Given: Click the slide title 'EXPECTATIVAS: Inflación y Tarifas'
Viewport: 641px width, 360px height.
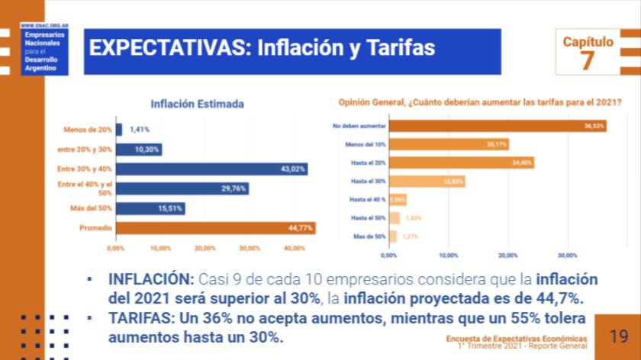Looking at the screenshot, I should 262,49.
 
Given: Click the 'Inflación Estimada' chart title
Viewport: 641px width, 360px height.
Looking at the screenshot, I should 197,104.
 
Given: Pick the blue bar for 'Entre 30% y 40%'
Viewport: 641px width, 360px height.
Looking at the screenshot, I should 211,169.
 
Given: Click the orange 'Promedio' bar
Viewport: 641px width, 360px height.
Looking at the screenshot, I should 215,228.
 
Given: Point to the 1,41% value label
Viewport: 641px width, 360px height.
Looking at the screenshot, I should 139,130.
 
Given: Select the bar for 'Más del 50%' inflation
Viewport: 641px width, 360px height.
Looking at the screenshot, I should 150,208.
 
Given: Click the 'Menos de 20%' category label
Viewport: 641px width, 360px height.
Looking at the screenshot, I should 89,130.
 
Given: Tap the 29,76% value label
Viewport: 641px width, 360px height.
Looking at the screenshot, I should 233,188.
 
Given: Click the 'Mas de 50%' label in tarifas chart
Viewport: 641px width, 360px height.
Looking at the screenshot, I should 369,236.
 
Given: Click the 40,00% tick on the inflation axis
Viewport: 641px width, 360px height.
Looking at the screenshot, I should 294,249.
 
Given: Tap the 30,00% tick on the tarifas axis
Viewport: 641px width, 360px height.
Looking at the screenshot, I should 567,256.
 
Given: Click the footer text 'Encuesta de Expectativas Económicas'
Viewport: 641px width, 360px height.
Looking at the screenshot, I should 517,338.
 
